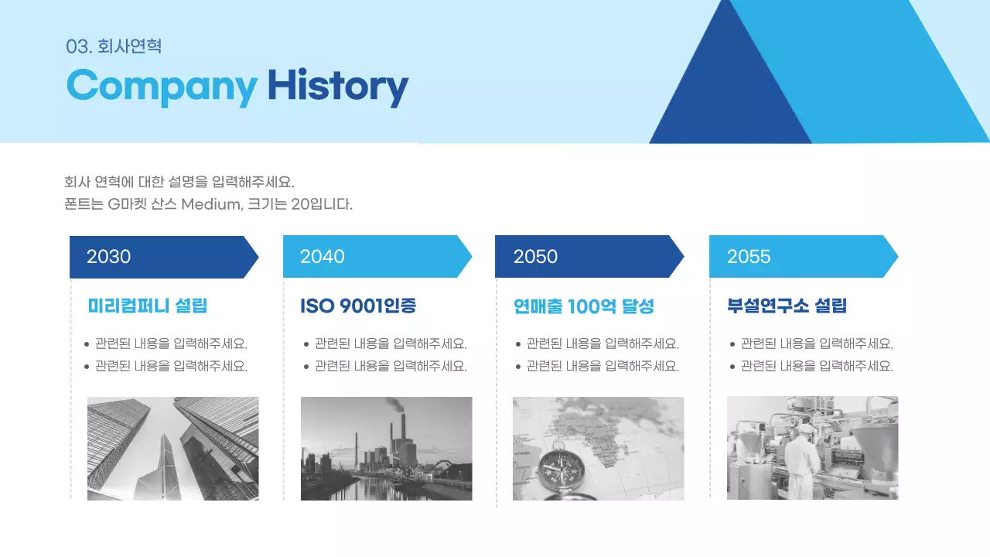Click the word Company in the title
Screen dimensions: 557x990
pyautogui.click(x=161, y=86)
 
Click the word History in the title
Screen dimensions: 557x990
pyautogui.click(x=337, y=86)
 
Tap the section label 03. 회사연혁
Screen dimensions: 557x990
pyautogui.click(x=114, y=46)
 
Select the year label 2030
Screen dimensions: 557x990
pyautogui.click(x=108, y=257)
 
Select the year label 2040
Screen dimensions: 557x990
pyautogui.click(x=322, y=257)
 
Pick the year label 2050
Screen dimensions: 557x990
pyautogui.click(x=535, y=257)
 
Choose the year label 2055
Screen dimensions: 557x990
pyautogui.click(x=749, y=257)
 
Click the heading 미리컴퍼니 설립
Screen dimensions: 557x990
pyautogui.click(x=148, y=306)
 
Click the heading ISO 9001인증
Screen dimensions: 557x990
pyautogui.click(x=358, y=306)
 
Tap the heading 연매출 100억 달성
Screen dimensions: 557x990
pyautogui.click(x=584, y=306)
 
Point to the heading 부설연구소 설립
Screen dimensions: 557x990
pyautogui.click(x=787, y=306)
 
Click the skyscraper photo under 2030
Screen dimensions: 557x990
pyautogui.click(x=172, y=449)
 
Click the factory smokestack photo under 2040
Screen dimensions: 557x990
pyautogui.click(x=386, y=449)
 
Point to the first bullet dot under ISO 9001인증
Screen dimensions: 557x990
pyautogui.click(x=306, y=344)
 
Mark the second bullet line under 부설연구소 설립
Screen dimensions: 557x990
pyautogui.click(x=816, y=367)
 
